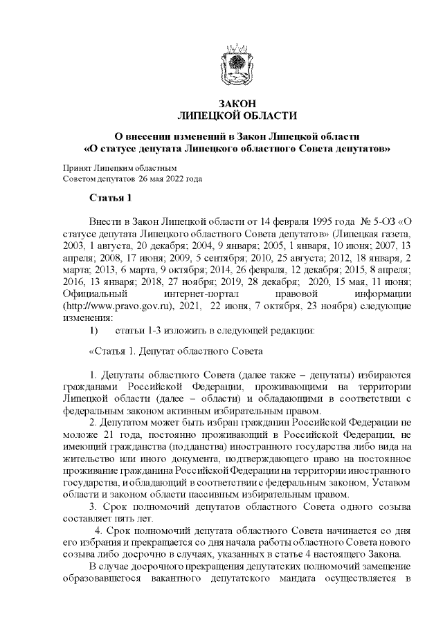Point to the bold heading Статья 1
click(x=110, y=199)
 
